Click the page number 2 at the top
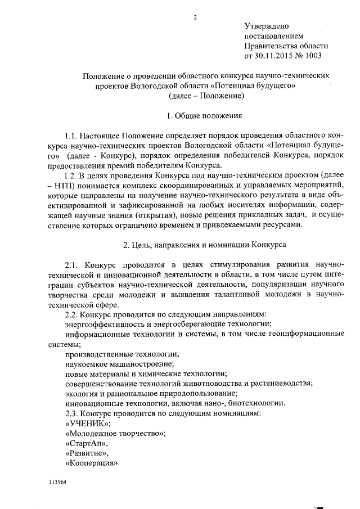pyautogui.click(x=195, y=16)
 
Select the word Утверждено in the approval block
pyautogui.click(x=267, y=26)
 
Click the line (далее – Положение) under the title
pyautogui.click(x=205, y=96)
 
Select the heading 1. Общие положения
pyautogui.click(x=205, y=116)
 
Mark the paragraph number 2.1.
pyautogui.click(x=73, y=265)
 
